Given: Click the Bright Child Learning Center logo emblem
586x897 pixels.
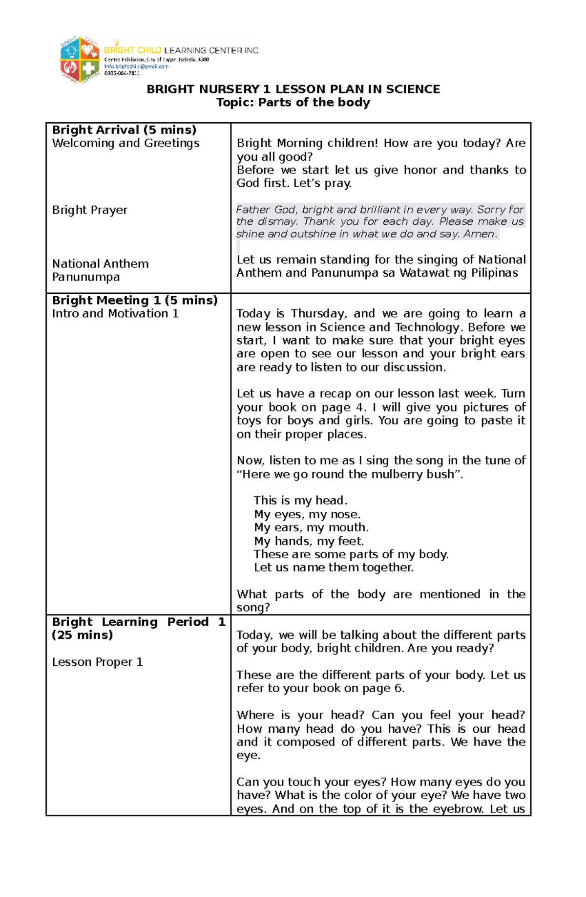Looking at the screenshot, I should coord(79,59).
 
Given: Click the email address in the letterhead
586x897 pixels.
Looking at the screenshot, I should coord(136,66).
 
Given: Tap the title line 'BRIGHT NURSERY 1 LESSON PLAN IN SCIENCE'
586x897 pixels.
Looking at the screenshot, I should coord(293,89).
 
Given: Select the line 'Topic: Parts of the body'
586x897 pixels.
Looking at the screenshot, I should coord(293,102).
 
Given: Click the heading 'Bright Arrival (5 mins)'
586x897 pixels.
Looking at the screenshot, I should coord(124,130).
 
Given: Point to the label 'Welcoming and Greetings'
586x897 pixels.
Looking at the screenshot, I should coord(126,143).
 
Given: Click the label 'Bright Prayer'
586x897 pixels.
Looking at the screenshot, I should coord(89,210).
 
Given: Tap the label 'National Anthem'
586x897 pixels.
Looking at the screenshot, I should coord(100,264).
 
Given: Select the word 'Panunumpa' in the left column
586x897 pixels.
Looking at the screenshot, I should coord(85,277).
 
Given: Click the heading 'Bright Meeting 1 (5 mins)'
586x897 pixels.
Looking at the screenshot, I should coord(135,300).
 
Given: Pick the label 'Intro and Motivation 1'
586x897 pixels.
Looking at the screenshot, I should coord(115,314).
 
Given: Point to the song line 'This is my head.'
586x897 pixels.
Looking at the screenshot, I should coord(300,501).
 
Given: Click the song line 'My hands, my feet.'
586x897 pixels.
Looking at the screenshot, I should coord(309,541).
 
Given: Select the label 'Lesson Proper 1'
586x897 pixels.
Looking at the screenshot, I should coord(97,662).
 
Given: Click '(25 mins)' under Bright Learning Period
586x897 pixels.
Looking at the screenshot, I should coord(82,635).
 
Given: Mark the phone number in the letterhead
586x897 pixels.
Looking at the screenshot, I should coord(122,73).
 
